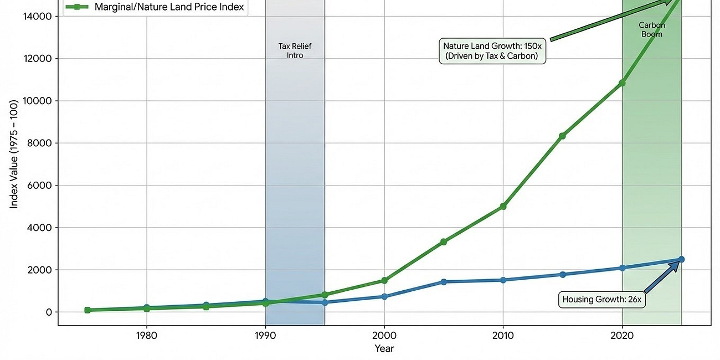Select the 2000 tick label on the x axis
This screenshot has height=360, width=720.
click(x=384, y=335)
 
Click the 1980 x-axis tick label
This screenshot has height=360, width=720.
click(x=146, y=335)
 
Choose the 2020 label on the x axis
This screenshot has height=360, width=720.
click(x=623, y=335)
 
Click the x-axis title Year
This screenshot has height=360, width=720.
click(x=384, y=348)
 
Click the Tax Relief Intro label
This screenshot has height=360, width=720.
click(x=295, y=51)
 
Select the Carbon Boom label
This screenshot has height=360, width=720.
click(x=651, y=29)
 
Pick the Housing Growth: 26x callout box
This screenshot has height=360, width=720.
click(x=601, y=300)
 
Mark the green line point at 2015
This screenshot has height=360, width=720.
click(x=563, y=136)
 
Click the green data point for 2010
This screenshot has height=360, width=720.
click(x=503, y=206)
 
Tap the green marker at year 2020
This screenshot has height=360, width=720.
click(x=623, y=83)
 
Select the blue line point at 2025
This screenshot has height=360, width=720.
click(x=681, y=259)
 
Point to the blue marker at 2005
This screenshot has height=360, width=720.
click(x=444, y=282)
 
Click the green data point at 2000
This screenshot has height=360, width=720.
click(x=384, y=280)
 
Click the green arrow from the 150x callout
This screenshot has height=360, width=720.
click(x=609, y=20)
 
